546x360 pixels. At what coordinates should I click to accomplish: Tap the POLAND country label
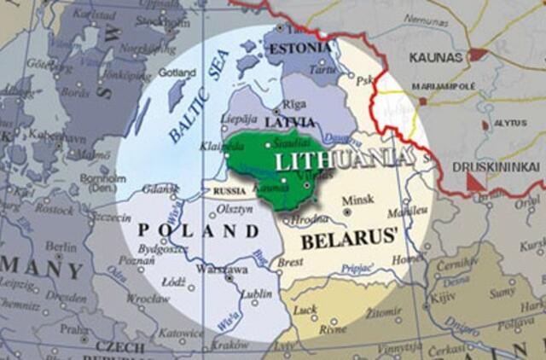(198, 230)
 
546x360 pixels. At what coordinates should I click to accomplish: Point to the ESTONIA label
(299, 48)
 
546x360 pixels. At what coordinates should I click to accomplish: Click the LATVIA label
(288, 122)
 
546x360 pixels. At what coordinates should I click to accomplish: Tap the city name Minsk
(357, 201)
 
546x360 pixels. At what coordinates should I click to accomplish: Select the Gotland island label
(177, 73)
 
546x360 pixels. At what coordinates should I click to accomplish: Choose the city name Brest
(291, 263)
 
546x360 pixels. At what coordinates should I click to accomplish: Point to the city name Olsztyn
(236, 209)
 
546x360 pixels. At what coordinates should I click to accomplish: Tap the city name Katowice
(180, 333)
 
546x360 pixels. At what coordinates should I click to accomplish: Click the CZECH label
(119, 347)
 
